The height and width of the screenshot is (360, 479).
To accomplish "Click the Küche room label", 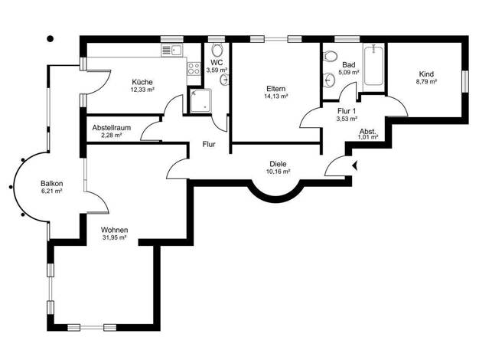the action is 142,82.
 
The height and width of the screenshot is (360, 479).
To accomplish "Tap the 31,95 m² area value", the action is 115,237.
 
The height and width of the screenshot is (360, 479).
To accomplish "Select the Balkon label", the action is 51,184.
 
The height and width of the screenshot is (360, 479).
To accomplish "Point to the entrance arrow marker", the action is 355,165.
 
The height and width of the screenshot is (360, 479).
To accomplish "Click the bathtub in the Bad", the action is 373,65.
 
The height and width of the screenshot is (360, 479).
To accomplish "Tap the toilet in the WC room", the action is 217,50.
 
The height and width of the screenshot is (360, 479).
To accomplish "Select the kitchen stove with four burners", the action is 194,68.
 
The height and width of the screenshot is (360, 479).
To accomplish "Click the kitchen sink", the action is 171,50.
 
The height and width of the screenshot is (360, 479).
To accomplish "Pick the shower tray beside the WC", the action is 200,100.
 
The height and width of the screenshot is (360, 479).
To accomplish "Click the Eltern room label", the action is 276,89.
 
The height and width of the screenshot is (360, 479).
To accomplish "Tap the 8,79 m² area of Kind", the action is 426,82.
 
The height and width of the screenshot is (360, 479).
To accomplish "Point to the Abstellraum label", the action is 112,128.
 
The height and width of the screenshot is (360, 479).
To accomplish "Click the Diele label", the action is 278,164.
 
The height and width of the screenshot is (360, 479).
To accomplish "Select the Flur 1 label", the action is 347,111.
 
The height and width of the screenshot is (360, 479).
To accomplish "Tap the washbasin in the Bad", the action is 329,80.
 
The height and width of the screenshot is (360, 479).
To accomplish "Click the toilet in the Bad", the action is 330,56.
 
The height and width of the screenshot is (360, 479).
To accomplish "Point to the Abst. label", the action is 368,132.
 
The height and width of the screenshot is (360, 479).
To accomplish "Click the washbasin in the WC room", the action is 224,80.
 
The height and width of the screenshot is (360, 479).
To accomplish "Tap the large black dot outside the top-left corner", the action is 51,39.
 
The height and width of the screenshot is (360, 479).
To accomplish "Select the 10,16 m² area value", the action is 278,172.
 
